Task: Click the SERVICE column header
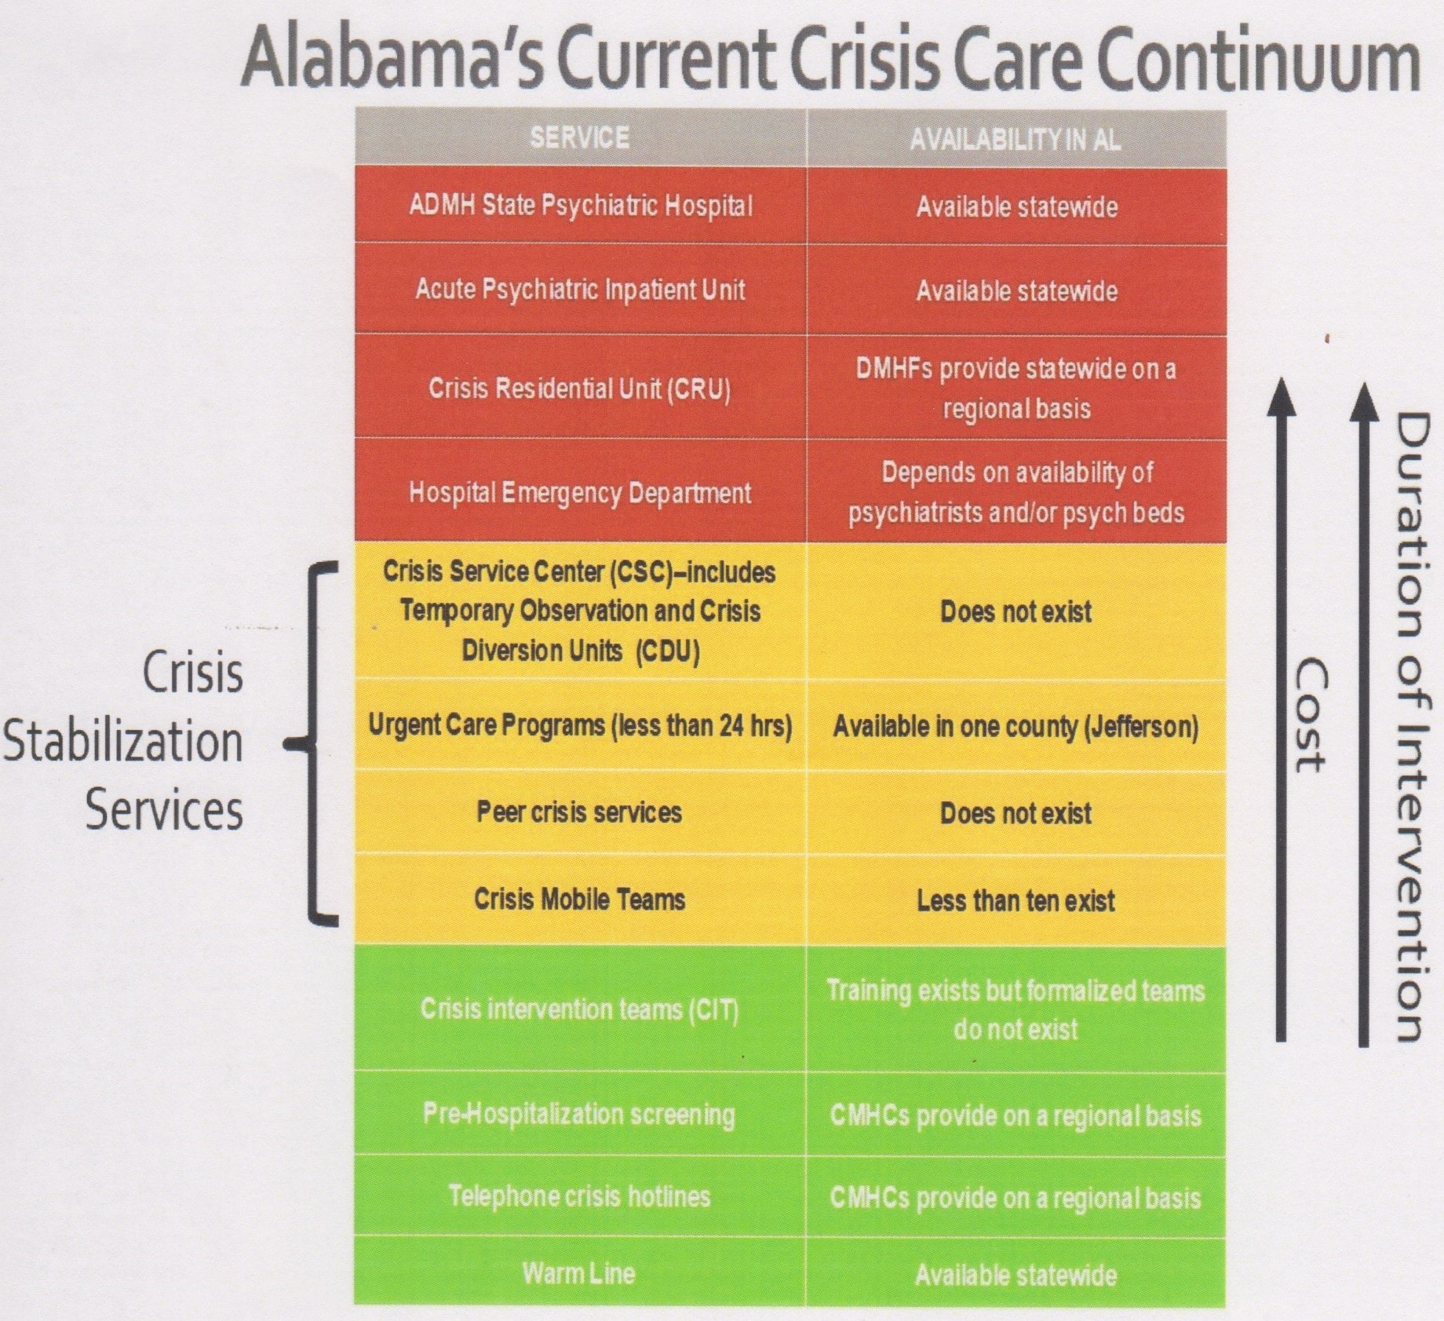click(579, 138)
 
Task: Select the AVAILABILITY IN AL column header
click(1015, 140)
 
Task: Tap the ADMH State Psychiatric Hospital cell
click(580, 206)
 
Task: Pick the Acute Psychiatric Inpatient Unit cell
click(580, 290)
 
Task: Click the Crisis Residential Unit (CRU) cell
click(580, 388)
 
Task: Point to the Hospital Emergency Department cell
click(580, 492)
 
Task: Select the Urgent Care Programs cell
click(580, 725)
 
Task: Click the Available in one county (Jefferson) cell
click(1016, 727)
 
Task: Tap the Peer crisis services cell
click(579, 812)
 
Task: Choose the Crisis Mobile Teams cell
click(579, 899)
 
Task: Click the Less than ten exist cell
click(1016, 900)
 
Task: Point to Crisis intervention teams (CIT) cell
click(579, 1009)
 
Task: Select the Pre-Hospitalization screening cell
click(579, 1114)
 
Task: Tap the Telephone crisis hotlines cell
click(579, 1195)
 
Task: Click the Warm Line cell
click(579, 1272)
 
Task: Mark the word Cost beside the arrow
click(1309, 714)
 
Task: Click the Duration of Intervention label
click(1410, 726)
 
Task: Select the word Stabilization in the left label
click(123, 742)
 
